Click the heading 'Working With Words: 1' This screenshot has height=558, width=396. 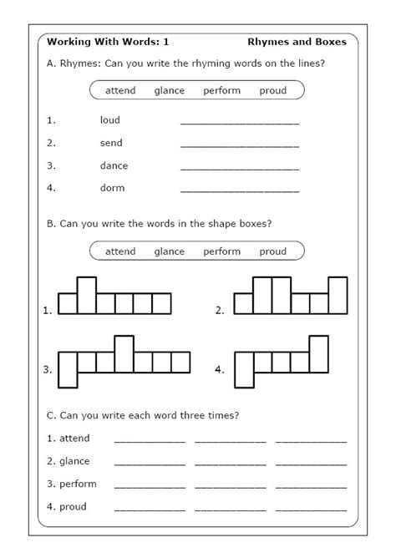pyautogui.click(x=96, y=41)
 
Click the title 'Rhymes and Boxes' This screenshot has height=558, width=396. pyautogui.click(x=298, y=41)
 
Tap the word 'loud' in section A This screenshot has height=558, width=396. pyautogui.click(x=110, y=120)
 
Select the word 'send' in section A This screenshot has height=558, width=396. pyautogui.click(x=111, y=143)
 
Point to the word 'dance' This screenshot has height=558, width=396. pyautogui.click(x=114, y=165)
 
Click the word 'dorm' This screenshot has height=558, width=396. pyautogui.click(x=112, y=188)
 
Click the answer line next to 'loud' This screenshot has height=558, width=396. pyautogui.click(x=239, y=123)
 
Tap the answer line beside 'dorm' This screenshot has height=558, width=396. pyautogui.click(x=239, y=190)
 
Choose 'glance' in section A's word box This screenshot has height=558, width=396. pyautogui.click(x=170, y=90)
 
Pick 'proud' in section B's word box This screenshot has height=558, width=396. pyautogui.click(x=273, y=251)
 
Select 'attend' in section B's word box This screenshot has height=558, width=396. pyautogui.click(x=120, y=251)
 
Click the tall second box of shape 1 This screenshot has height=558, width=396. pyautogui.click(x=86, y=295)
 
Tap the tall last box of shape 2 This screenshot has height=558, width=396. pyautogui.click(x=338, y=295)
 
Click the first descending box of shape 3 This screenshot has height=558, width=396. pyautogui.click(x=67, y=370)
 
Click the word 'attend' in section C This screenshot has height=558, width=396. pyautogui.click(x=74, y=439)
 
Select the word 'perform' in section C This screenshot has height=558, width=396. pyautogui.click(x=78, y=484)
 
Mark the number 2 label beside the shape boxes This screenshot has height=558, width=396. pyautogui.click(x=220, y=311)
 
